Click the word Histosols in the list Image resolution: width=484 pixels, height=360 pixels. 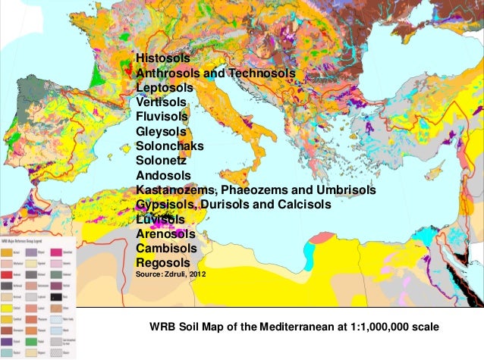(x=163, y=58)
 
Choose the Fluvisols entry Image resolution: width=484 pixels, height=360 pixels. (x=161, y=117)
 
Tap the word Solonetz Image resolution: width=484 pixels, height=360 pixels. (x=160, y=161)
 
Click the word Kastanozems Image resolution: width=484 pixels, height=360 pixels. (x=177, y=189)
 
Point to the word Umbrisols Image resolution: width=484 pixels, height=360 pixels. (x=344, y=189)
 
